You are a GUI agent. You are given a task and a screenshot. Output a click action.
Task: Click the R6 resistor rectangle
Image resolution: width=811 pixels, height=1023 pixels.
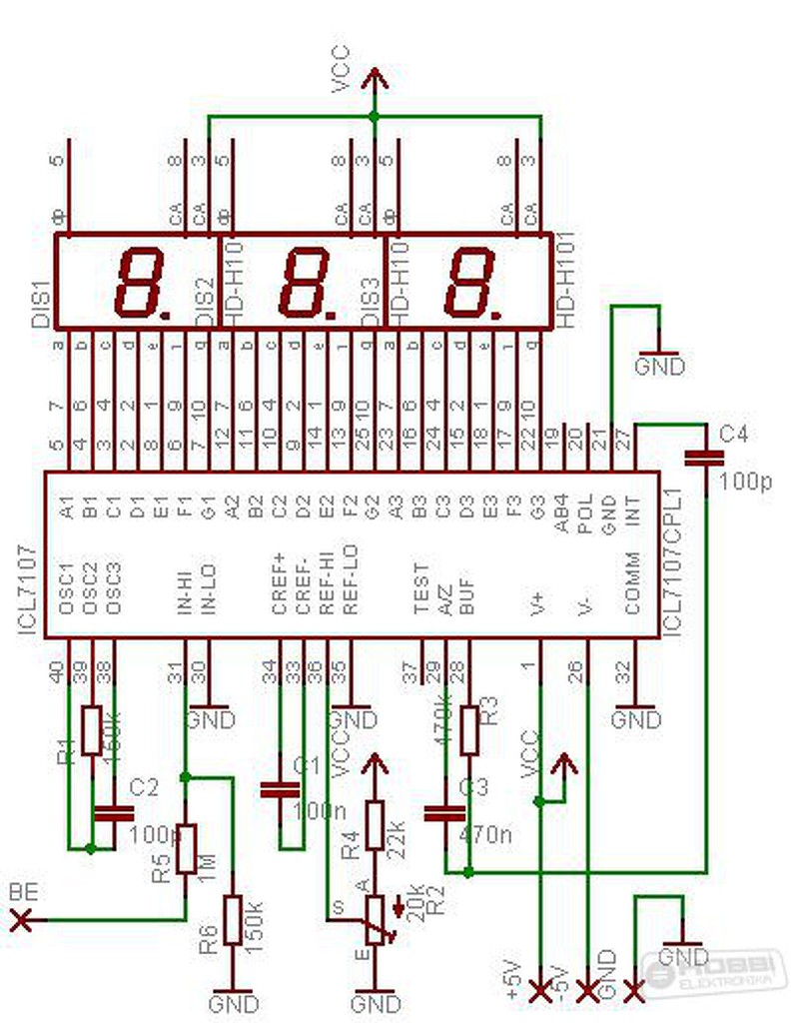(233, 919)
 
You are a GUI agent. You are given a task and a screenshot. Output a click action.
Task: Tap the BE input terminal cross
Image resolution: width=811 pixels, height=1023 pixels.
(19, 920)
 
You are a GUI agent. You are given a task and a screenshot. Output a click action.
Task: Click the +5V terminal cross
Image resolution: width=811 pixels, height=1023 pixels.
(539, 991)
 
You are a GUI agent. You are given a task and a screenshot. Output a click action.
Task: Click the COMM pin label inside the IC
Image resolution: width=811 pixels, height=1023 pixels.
(632, 581)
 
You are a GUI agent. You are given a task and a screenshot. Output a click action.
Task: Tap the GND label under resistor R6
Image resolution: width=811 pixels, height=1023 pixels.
(234, 1002)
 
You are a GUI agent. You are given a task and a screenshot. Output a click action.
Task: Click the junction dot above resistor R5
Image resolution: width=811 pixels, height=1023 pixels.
(186, 776)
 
